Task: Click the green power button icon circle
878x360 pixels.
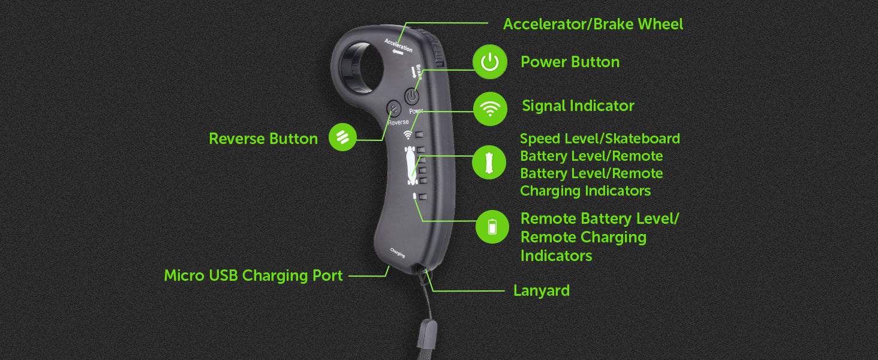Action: pyautogui.click(x=489, y=62)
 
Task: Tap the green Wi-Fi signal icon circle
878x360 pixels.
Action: pyautogui.click(x=490, y=109)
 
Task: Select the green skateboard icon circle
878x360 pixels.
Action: pyautogui.click(x=489, y=163)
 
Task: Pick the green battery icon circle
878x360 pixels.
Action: pyautogui.click(x=492, y=227)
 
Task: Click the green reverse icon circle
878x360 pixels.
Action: pyautogui.click(x=342, y=137)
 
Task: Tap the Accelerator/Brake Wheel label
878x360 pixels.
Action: pyautogui.click(x=593, y=25)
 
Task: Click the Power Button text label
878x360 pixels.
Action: pyautogui.click(x=570, y=62)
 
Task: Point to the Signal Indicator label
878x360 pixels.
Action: pyautogui.click(x=578, y=106)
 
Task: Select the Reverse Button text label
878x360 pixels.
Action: pyautogui.click(x=263, y=139)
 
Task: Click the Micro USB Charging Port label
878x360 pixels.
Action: pyautogui.click(x=253, y=275)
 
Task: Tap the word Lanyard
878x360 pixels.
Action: pyautogui.click(x=542, y=291)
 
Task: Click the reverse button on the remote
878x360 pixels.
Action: pyautogui.click(x=394, y=109)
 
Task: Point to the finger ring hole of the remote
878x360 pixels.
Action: pyautogui.click(x=360, y=67)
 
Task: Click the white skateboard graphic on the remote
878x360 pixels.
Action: pyautogui.click(x=411, y=165)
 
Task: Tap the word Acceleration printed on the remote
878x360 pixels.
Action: pyautogui.click(x=398, y=45)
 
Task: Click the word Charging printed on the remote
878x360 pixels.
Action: pyautogui.click(x=398, y=253)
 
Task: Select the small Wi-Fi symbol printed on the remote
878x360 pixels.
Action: pyautogui.click(x=408, y=135)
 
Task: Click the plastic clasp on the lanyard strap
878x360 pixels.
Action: pyautogui.click(x=426, y=334)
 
